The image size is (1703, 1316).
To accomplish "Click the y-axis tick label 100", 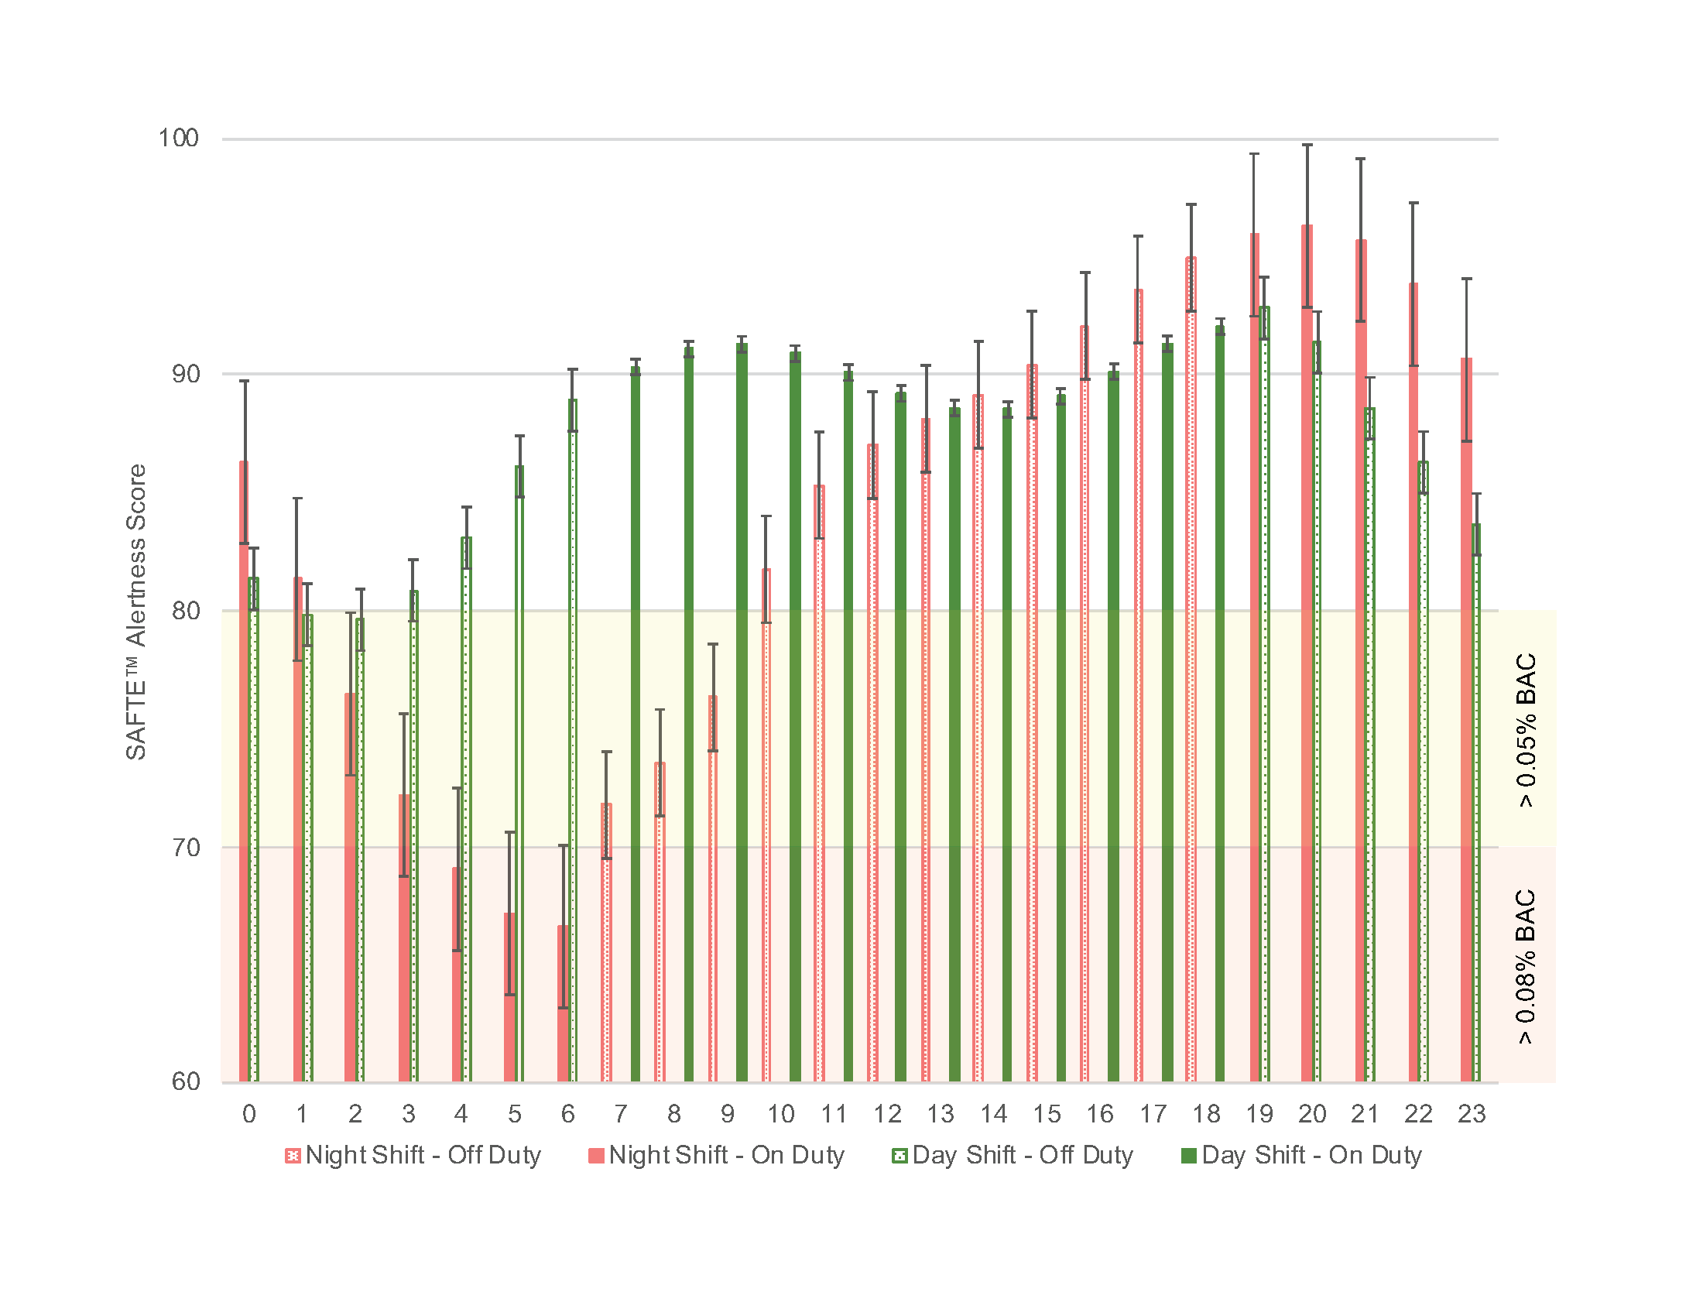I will click(179, 139).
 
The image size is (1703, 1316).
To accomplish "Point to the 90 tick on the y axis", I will click(186, 374).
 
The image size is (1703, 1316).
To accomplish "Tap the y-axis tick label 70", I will click(186, 848).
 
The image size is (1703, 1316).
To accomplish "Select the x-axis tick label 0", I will click(248, 1114).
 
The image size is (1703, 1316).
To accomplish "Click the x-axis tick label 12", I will click(887, 1114).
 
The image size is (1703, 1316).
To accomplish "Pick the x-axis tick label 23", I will click(1472, 1114).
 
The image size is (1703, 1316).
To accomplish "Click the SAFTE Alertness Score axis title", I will click(136, 612).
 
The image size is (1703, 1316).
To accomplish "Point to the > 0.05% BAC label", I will click(1526, 731).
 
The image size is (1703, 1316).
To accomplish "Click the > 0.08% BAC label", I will click(1526, 967).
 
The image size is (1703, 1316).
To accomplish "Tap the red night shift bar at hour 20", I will click(1307, 655).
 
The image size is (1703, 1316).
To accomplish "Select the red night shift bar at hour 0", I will click(244, 772).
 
